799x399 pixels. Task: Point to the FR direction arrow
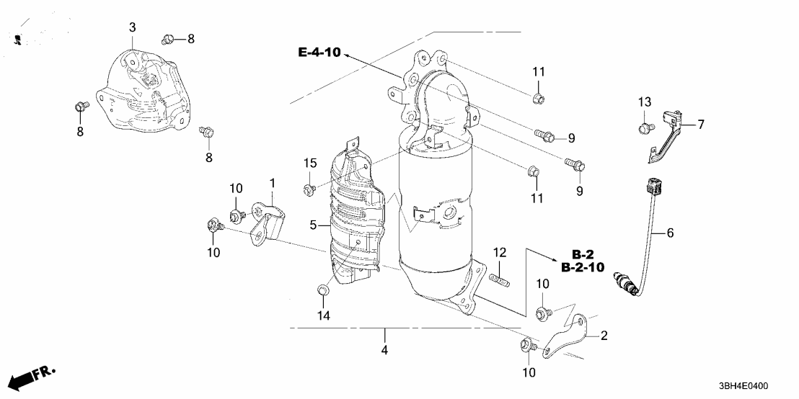[33, 377]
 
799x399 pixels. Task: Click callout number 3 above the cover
[132, 27]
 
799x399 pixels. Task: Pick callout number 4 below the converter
[384, 350]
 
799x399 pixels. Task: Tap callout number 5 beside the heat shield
[314, 225]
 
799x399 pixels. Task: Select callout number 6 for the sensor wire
[670, 233]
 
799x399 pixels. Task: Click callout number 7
[699, 125]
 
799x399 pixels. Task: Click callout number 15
[309, 164]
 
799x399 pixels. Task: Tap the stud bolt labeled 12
[498, 276]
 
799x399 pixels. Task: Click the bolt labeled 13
[644, 129]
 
